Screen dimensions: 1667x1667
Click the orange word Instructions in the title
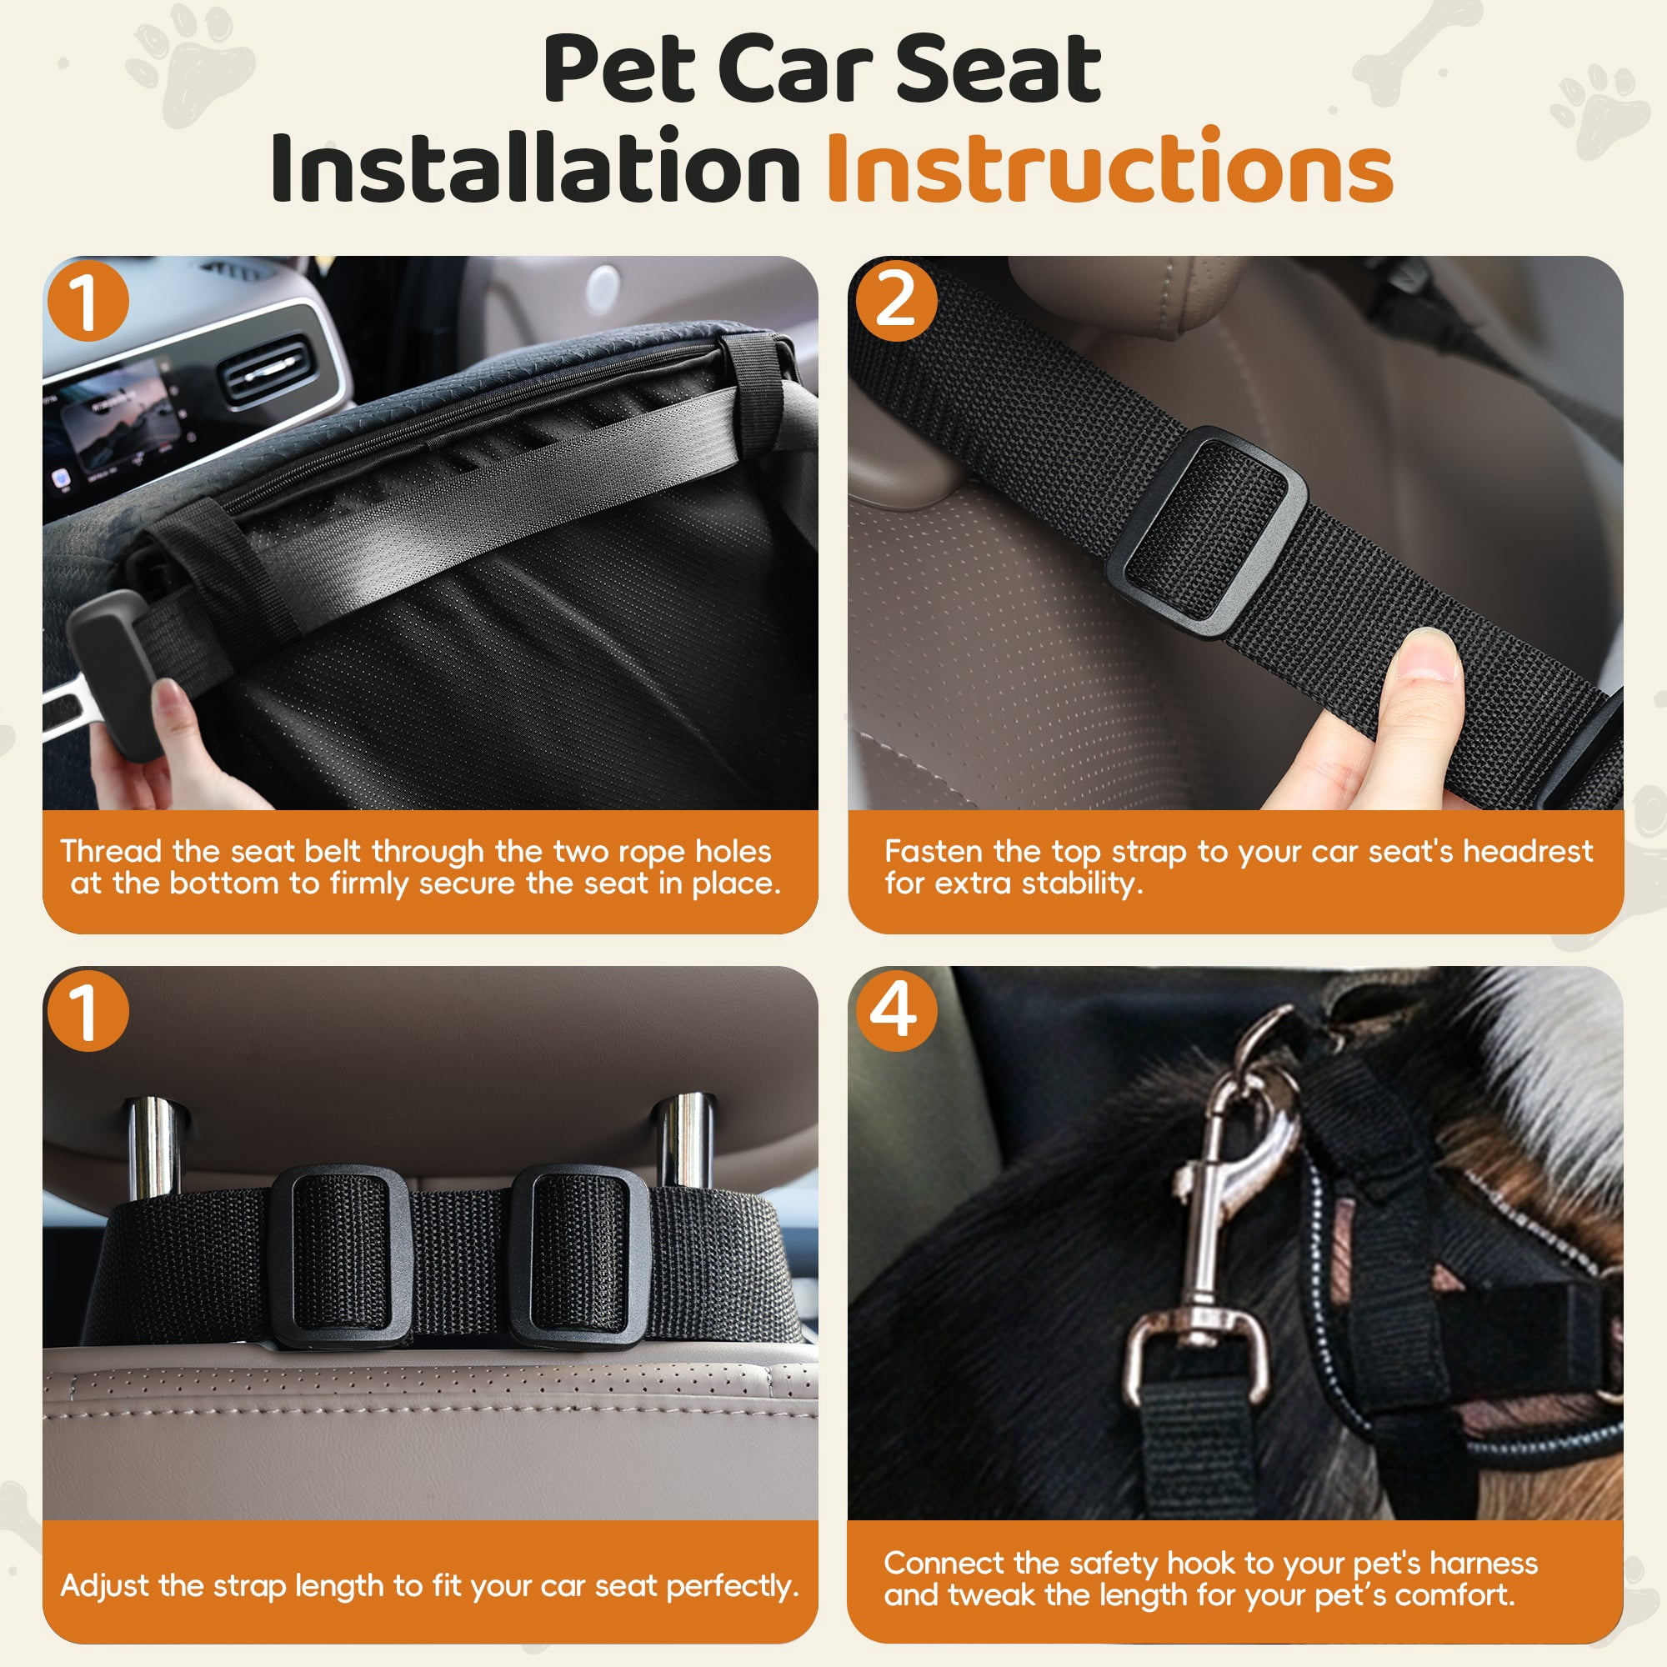tap(1109, 167)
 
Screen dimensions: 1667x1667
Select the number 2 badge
tap(897, 301)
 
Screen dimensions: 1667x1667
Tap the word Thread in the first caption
tap(112, 852)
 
